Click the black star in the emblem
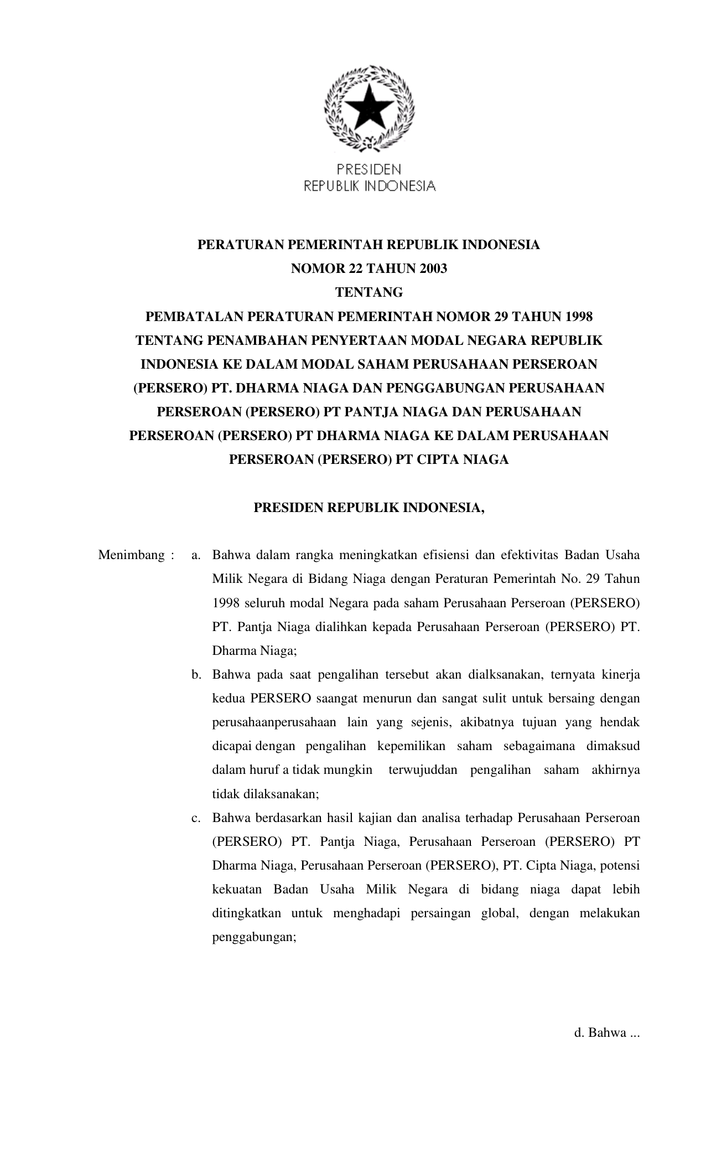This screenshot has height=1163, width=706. (x=370, y=107)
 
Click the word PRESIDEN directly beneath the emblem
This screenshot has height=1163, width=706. (x=370, y=168)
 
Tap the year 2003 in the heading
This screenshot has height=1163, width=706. (x=429, y=269)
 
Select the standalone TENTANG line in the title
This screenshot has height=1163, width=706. (x=369, y=293)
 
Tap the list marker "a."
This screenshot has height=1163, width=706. (x=195, y=555)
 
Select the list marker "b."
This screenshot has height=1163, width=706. (x=195, y=675)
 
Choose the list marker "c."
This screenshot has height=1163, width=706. (x=195, y=818)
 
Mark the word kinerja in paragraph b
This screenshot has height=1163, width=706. (x=620, y=675)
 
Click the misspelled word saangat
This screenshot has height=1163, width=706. (x=337, y=699)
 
